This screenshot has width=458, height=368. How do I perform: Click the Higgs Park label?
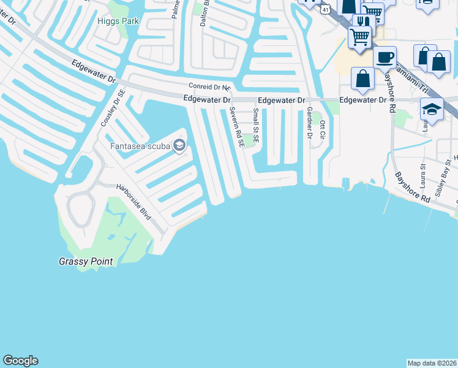click(x=118, y=21)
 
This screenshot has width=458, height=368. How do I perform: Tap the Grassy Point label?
click(x=86, y=262)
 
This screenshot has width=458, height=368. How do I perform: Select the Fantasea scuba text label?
click(x=140, y=146)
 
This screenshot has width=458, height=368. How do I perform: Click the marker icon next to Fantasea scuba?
click(x=179, y=145)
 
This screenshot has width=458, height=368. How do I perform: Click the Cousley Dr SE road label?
click(x=113, y=107)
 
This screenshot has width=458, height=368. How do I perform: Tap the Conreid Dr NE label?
click(x=210, y=87)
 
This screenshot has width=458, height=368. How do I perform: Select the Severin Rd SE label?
click(x=236, y=127)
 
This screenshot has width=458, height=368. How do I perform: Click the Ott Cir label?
click(x=321, y=131)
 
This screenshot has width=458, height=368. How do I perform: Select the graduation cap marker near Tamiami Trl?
click(x=432, y=109)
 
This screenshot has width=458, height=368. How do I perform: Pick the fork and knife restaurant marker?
click(x=364, y=22)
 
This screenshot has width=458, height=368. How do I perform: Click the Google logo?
click(x=21, y=361)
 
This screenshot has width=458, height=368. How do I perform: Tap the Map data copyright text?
click(x=432, y=363)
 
